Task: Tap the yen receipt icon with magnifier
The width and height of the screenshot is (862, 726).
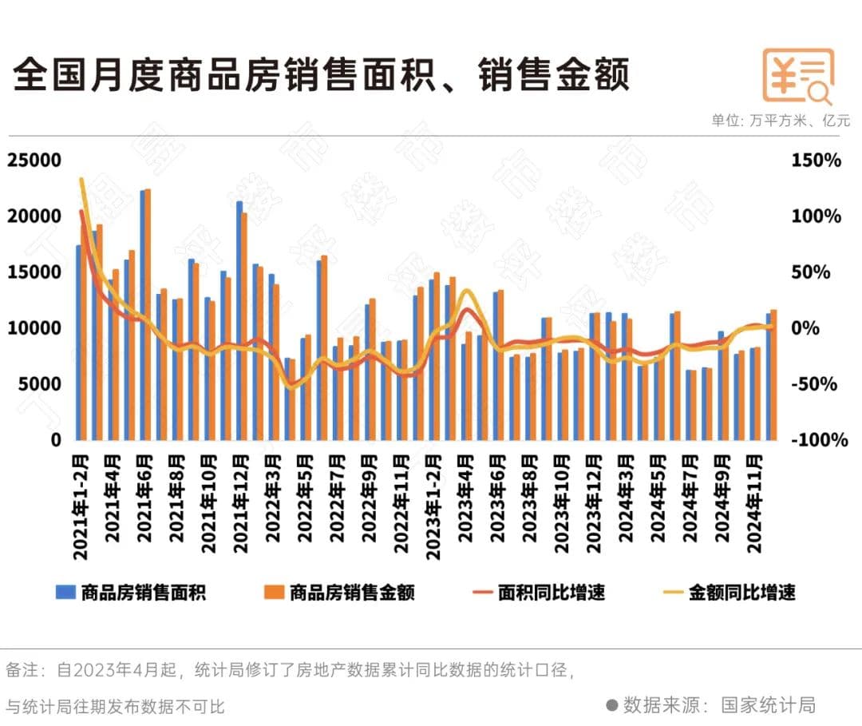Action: pos(797,77)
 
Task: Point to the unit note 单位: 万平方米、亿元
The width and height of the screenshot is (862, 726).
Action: pos(781,121)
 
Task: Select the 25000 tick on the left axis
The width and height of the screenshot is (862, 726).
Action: pos(34,161)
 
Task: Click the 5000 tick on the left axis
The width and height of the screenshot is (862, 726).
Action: pos(38,384)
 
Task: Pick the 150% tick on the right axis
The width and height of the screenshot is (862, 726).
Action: pos(816,161)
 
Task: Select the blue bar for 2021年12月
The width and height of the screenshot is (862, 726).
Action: pos(239,320)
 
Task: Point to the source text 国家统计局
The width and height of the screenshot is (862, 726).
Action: pos(768,705)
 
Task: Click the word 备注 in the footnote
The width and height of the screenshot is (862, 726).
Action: pos(22,669)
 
